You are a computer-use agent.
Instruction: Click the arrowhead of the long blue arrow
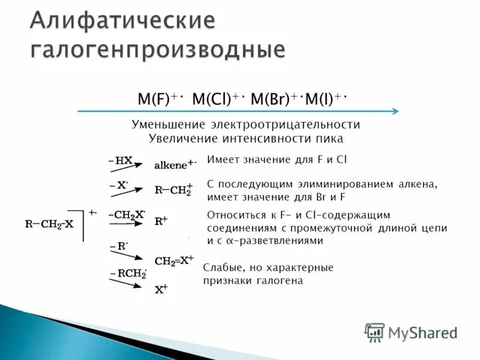pos(395,111)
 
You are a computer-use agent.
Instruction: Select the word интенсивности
pos(267,139)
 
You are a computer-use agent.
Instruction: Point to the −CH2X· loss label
pos(127,214)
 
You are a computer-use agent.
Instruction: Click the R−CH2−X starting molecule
pos(49,224)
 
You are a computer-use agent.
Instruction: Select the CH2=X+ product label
pos(174,260)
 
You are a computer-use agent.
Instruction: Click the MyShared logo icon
pos(374,332)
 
